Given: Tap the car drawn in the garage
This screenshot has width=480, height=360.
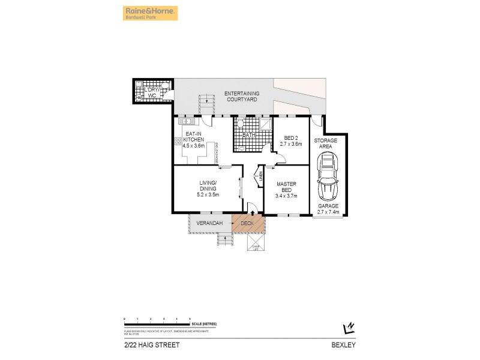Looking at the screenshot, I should point(328,176).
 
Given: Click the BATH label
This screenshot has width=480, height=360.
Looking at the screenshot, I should point(248,136).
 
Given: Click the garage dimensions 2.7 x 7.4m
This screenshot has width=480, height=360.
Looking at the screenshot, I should point(328,212).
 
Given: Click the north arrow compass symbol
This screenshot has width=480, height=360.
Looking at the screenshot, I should point(347,327).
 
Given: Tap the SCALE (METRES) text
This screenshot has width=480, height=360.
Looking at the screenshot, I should point(205,323).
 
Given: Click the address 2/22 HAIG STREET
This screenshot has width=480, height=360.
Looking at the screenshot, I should point(143,345).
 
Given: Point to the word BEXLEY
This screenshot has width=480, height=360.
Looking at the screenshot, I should point(348,345).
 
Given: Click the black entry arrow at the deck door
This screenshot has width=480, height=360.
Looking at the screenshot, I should point(253,212).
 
